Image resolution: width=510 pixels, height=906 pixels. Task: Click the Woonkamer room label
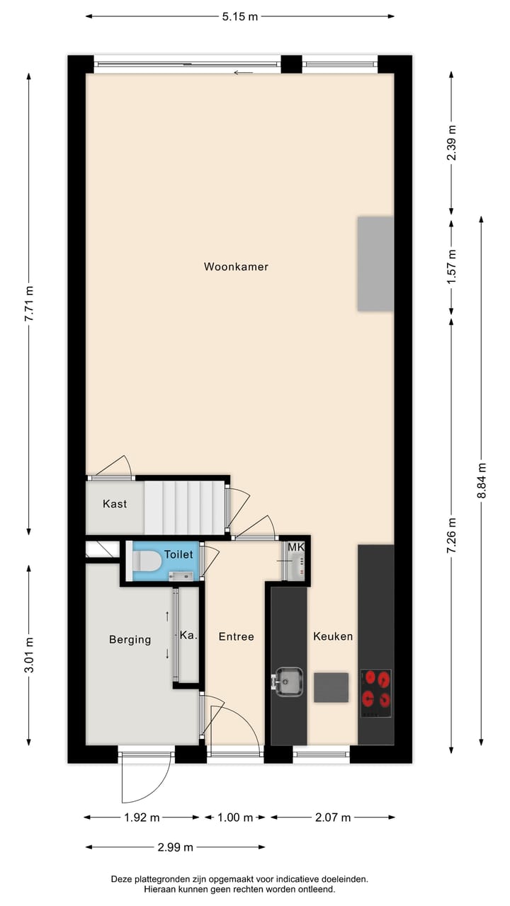236,267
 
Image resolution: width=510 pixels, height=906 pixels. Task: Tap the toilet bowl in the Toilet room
147,561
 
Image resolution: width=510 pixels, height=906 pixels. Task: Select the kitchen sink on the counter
288,682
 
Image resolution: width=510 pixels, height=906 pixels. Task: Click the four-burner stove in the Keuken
375,689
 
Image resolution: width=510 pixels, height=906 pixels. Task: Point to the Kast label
115,504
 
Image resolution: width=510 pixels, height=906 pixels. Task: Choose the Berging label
130,640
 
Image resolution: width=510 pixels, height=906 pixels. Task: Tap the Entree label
236,636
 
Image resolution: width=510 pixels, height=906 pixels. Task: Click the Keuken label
333,636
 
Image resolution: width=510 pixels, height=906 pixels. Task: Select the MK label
295,547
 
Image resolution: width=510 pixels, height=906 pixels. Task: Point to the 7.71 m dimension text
29,304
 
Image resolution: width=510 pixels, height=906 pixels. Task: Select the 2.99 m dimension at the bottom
175,847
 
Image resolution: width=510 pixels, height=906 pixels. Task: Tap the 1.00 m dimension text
235,818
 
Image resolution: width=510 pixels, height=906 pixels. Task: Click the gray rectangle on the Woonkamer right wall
375,264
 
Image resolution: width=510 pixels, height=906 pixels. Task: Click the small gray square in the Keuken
331,687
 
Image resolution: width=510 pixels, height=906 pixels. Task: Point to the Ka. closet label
188,636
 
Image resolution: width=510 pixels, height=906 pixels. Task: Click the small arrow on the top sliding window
244,72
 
